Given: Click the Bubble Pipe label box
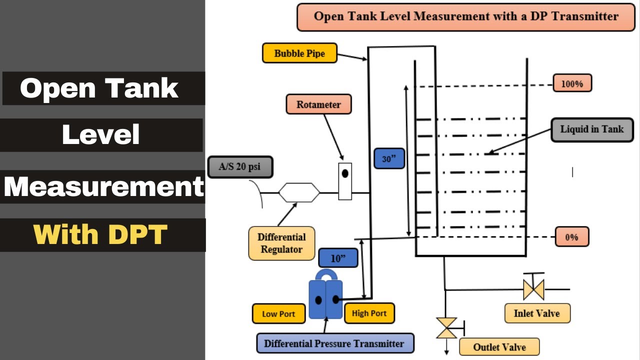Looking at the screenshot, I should point(299,53).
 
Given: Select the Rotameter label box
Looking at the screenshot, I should point(318,104).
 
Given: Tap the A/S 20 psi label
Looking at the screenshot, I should point(240,167).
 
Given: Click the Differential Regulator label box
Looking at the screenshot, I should point(281,243).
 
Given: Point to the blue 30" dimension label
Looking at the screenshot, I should point(389,159).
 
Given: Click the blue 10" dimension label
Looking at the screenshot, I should point(338,258).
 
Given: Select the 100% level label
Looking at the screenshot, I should point(572,83).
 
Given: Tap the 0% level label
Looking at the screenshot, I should point(572,237).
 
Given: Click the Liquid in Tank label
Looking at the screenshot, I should point(592,129).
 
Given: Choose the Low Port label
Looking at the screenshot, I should point(278,314).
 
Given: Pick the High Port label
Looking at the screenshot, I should point(369,313).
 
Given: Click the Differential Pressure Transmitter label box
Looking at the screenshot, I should point(334,343).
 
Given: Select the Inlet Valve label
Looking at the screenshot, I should point(537,313).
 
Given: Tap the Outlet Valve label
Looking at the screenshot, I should point(499,346).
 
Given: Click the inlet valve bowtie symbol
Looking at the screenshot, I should point(533,289).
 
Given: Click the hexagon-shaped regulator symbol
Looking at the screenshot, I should point(298,192).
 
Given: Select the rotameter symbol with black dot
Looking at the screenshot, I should point(345,181).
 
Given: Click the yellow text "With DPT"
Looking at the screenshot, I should point(100,234).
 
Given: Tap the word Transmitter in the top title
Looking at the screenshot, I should point(581,16).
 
